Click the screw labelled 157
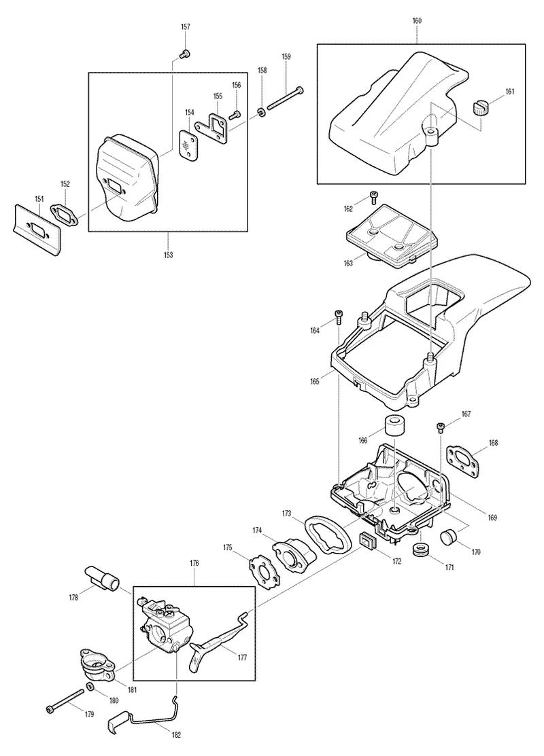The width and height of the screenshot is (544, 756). [x=184, y=54]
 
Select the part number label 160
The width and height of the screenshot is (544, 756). [x=417, y=21]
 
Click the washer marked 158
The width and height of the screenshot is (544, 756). [x=260, y=113]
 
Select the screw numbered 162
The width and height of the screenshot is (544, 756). [x=372, y=197]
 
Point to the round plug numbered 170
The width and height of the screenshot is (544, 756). [x=449, y=536]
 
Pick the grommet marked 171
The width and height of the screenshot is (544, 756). [x=422, y=549]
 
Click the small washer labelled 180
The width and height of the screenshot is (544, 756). [x=90, y=686]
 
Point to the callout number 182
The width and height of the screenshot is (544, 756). [x=176, y=735]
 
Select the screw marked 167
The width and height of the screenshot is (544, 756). [x=440, y=427]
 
